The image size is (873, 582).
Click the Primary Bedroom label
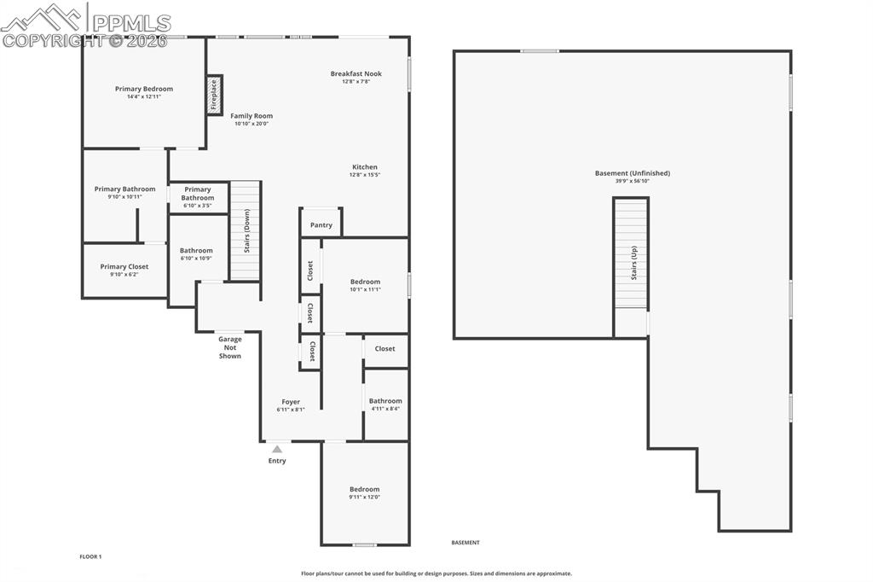pos(144,89)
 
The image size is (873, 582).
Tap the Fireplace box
pos(214,95)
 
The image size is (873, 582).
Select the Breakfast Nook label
pos(356,74)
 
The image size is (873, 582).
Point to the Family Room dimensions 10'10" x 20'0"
pos(251,124)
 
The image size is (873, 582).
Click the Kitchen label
pos(364,167)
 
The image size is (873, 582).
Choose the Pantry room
pos(321,224)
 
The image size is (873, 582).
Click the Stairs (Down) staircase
pos(246,230)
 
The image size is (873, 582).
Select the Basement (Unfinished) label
pos(632,173)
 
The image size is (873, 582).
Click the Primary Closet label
pos(124,266)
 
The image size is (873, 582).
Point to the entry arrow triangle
pos(277,448)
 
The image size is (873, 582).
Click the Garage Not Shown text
pos(229,347)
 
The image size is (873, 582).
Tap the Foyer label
pos(291,402)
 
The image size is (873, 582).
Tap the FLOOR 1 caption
pos(90,556)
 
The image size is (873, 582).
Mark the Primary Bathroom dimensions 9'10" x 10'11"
pos(124,197)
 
